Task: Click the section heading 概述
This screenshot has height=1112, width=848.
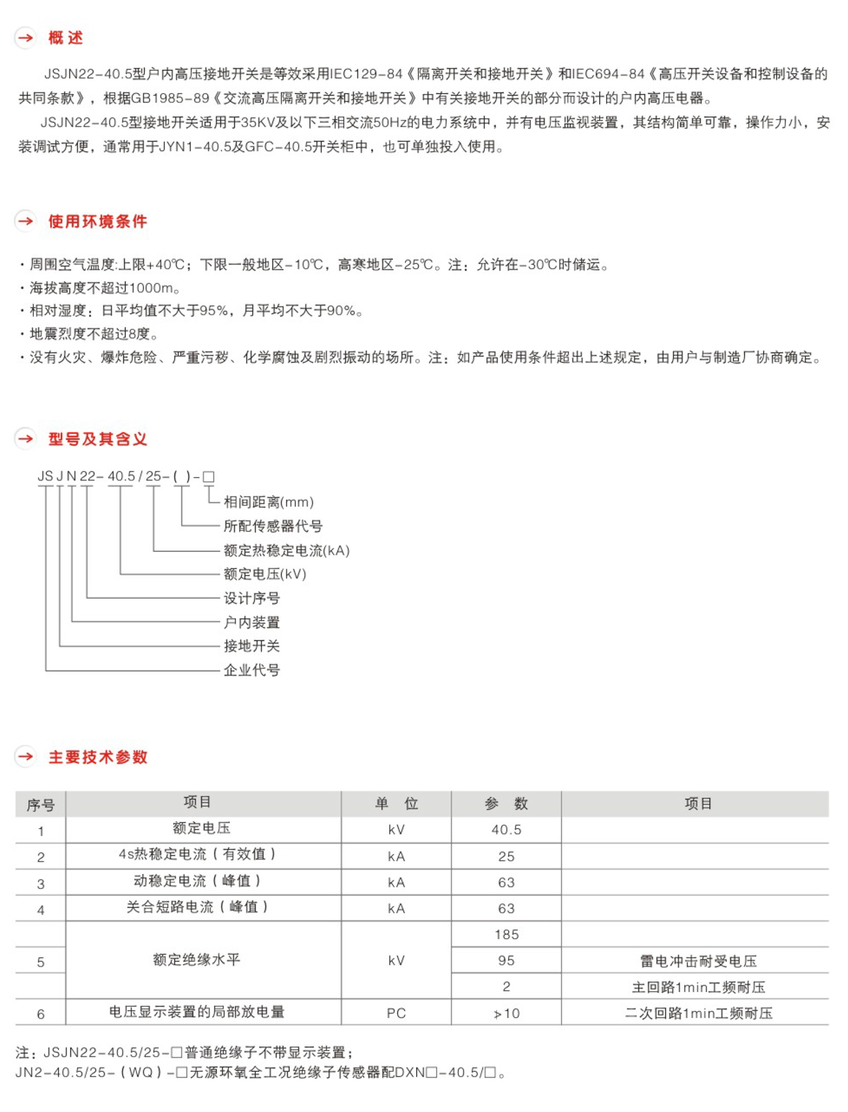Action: coord(65,38)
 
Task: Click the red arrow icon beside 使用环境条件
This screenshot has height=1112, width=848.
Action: coord(25,221)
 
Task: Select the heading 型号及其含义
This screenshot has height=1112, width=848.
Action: coord(98,439)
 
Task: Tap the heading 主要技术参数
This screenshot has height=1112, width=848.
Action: coord(98,757)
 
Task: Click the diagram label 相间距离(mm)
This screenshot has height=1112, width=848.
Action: coord(269,502)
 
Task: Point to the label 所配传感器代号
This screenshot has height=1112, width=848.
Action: coord(273,526)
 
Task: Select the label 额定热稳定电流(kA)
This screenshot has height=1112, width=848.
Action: coord(286,551)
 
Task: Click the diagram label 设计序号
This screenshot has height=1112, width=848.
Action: coord(252,598)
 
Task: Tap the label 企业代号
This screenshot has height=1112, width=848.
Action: coord(252,670)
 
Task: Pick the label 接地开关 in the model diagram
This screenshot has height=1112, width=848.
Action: coord(252,646)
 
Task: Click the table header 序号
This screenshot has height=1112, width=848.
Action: coord(40,805)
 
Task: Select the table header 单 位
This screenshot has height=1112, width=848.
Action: coord(396,803)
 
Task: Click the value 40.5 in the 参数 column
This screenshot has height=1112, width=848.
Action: coord(507,830)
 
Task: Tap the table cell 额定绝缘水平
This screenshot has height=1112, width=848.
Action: coord(196,959)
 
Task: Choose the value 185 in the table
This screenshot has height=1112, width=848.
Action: coord(507,934)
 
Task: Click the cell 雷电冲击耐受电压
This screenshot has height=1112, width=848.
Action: coord(698,961)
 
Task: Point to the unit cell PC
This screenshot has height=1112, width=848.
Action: coord(396,1013)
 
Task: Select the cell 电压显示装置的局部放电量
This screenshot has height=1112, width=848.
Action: coord(196,1012)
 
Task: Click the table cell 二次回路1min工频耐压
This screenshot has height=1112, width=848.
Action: coord(698,1013)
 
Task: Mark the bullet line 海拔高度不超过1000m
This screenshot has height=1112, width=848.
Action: coord(106,288)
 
